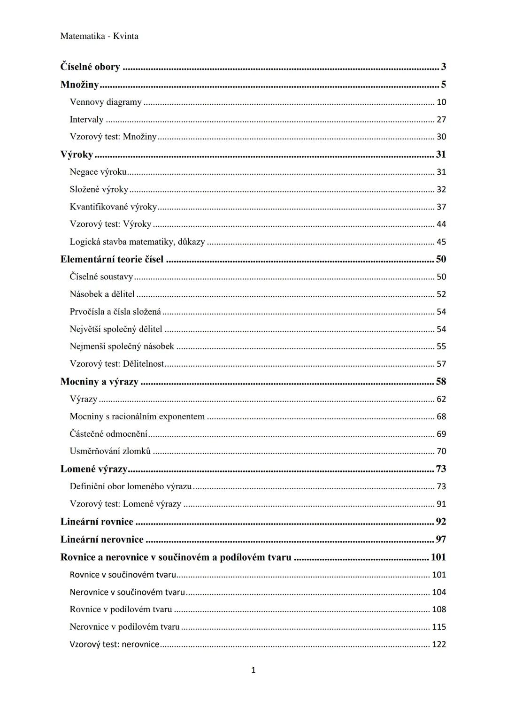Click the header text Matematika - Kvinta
tap(99, 36)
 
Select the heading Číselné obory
tap(90, 67)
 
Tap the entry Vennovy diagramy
tap(106, 102)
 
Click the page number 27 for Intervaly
tap(441, 119)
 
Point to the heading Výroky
tap(77, 154)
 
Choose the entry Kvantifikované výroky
tap(113, 207)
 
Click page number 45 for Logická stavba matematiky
tap(441, 242)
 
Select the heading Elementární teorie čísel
tap(112, 259)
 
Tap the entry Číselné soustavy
tap(101, 277)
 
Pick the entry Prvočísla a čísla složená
tap(115, 312)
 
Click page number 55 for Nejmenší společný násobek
tap(441, 347)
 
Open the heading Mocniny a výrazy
tap(99, 381)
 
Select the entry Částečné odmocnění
tap(108, 434)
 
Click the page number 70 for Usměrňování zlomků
tap(441, 451)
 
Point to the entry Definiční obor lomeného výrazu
tap(131, 486)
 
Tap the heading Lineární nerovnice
tap(102, 540)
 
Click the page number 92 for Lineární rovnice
tap(441, 522)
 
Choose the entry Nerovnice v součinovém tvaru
tap(127, 592)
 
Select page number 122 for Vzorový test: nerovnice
tap(439, 644)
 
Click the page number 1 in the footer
tap(253, 670)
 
